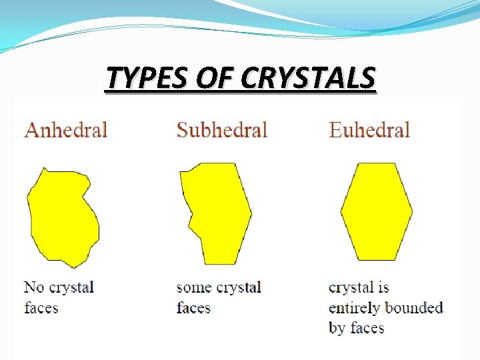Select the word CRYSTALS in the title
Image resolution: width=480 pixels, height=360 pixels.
point(308,79)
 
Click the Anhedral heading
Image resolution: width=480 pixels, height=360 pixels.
point(66,129)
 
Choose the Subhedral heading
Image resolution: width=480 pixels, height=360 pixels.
point(222,129)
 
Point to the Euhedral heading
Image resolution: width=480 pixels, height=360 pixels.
point(369,129)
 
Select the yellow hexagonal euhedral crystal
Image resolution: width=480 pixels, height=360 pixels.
point(377,211)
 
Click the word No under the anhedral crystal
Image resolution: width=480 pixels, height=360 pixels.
point(33,287)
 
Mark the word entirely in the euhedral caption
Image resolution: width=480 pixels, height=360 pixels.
point(356,308)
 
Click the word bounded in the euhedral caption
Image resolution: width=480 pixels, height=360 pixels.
point(415,307)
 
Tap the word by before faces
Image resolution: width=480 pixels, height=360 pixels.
point(337,328)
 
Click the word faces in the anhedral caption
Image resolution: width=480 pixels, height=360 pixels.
point(41,307)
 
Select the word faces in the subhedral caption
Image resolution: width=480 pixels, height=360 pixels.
point(193,307)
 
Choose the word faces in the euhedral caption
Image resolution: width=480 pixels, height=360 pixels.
point(367,328)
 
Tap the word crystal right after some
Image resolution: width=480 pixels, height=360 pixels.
point(238,288)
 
